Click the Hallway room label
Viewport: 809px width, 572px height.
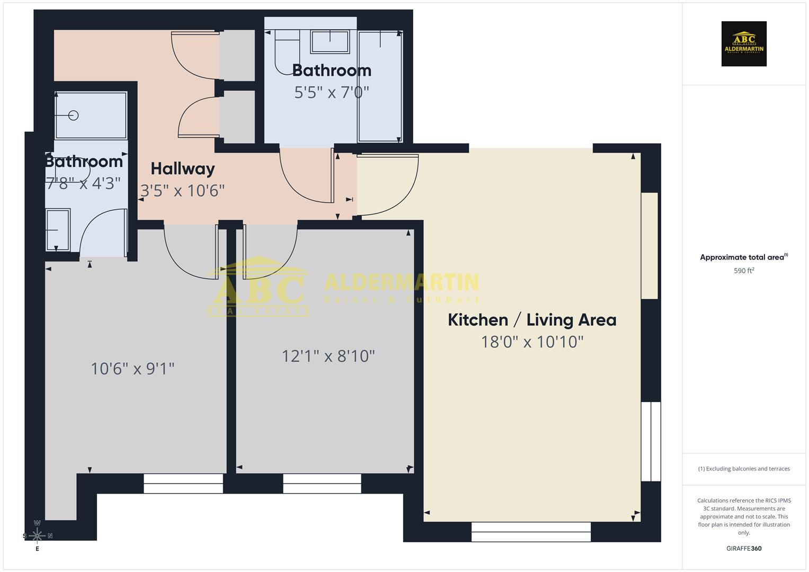(183, 169)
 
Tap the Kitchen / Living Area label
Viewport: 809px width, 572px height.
(532, 320)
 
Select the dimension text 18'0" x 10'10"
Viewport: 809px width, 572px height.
(532, 342)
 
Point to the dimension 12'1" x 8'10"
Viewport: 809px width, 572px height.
(328, 356)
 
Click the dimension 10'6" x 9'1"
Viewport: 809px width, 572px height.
(132, 369)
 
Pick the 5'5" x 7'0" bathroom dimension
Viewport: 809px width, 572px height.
(332, 93)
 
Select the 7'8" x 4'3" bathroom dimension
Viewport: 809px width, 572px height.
(84, 184)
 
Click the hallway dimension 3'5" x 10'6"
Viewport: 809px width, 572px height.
(183, 191)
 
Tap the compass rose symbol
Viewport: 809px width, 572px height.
(37, 535)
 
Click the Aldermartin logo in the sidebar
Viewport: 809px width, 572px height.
(744, 44)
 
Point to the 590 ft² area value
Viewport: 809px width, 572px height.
(744, 271)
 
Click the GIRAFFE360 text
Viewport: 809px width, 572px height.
(744, 549)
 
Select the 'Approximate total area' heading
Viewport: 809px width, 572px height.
(743, 257)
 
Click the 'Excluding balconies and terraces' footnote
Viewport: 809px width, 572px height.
(744, 469)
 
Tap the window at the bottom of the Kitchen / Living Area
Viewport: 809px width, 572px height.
(531, 532)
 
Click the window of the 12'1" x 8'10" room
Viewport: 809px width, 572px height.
(322, 483)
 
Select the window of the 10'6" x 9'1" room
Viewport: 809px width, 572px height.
(183, 483)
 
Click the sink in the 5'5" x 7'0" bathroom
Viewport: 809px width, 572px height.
(330, 41)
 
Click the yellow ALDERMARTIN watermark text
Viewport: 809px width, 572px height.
(401, 282)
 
